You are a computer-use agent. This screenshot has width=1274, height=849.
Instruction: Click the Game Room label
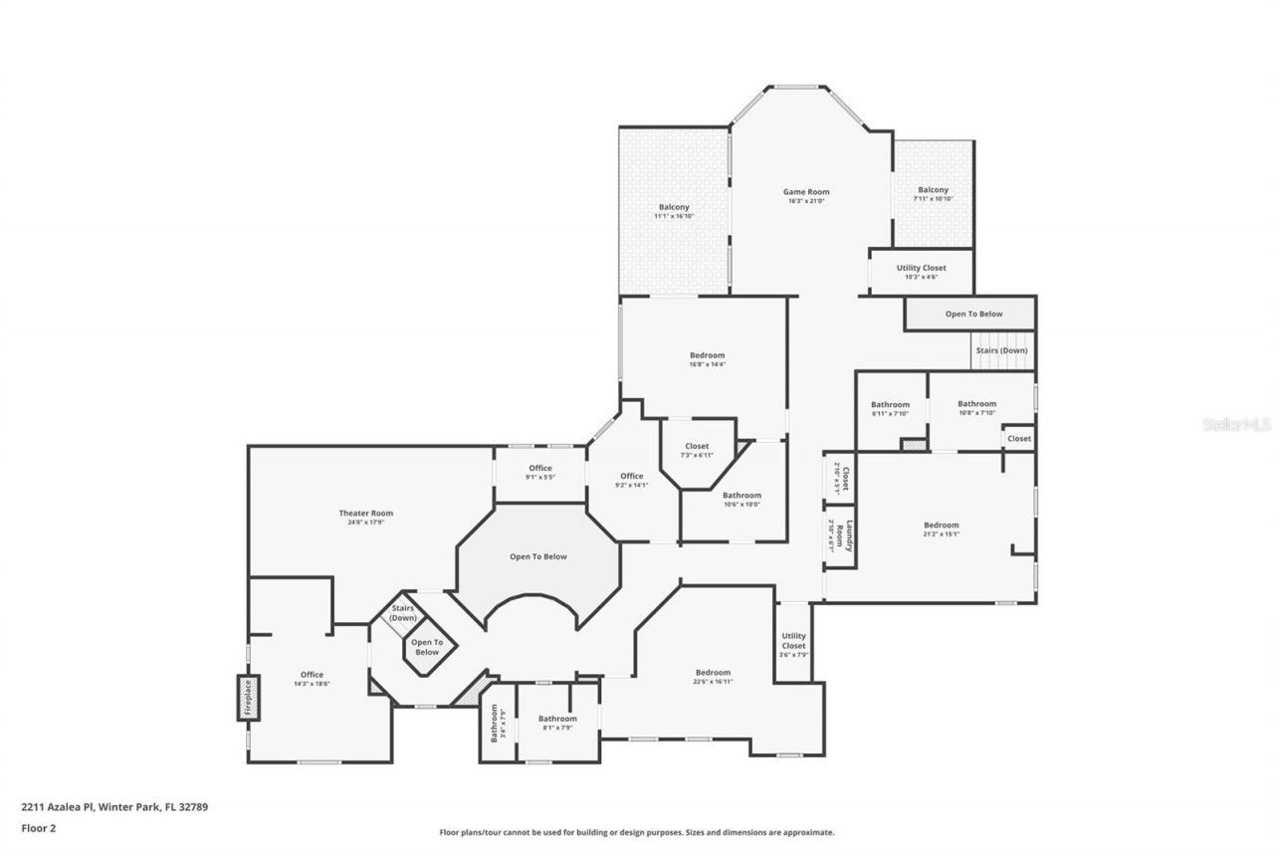805,192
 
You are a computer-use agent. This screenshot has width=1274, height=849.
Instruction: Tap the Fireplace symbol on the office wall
247,697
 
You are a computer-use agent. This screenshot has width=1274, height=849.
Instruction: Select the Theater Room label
365,514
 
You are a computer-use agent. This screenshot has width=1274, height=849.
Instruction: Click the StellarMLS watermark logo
1236,424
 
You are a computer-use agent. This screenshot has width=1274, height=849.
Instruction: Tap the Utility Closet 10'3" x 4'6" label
921,268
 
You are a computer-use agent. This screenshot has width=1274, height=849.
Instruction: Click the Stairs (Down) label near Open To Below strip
1001,350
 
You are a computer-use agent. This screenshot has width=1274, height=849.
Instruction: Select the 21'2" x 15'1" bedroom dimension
941,534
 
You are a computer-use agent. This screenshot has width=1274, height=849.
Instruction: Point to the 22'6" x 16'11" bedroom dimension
713,682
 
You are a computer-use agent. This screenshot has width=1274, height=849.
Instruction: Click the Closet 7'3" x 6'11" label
697,447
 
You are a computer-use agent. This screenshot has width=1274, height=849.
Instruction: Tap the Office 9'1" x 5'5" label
540,469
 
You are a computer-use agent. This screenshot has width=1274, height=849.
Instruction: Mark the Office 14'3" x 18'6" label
312,675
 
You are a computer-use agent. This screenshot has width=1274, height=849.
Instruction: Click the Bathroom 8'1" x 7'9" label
557,719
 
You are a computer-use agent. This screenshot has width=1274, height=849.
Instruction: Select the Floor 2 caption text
39,827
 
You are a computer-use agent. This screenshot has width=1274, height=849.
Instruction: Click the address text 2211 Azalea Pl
57,807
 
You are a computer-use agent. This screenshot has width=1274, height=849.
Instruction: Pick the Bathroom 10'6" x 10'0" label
742,496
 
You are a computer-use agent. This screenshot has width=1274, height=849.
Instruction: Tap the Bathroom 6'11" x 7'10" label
890,405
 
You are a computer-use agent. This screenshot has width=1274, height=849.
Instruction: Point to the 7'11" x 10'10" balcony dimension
933,199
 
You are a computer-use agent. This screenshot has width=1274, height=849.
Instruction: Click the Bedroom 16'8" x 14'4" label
707,355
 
